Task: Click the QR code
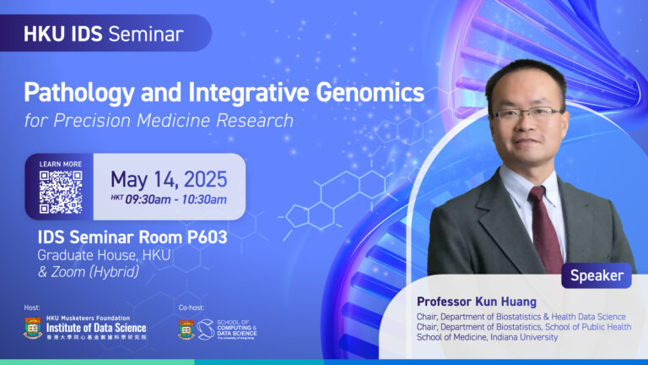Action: (x=60, y=193)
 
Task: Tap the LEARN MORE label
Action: (x=60, y=164)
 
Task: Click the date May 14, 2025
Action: (x=169, y=179)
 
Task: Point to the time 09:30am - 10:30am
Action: (x=180, y=199)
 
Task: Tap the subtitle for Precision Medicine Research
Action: (x=158, y=120)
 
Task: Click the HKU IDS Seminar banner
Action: (x=103, y=35)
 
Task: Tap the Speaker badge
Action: (x=597, y=275)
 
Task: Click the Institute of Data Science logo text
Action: (x=97, y=328)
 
